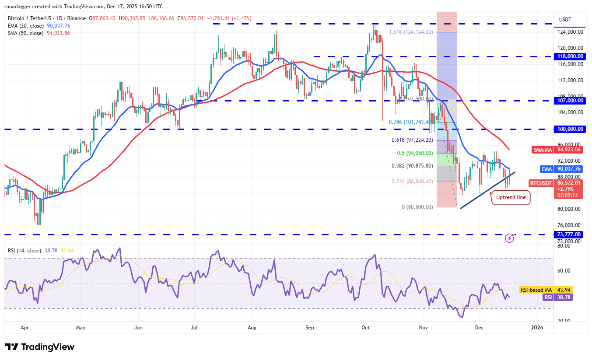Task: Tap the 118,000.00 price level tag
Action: pyautogui.click(x=570, y=56)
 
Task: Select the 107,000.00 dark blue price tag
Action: pyautogui.click(x=570, y=101)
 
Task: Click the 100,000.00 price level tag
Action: pyautogui.click(x=570, y=129)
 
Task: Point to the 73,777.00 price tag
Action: pyautogui.click(x=569, y=234)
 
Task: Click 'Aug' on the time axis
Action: pyautogui.click(x=252, y=327)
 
